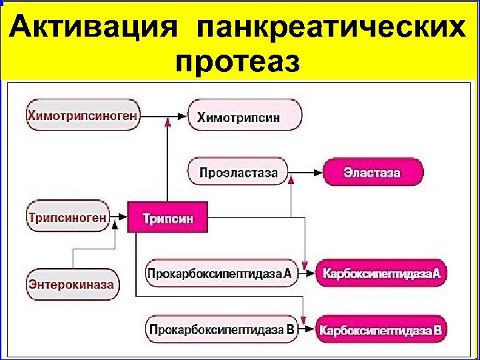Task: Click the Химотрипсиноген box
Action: point(83,116)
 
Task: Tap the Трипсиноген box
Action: point(67,217)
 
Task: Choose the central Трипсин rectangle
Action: point(167,217)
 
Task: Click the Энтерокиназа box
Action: point(71,285)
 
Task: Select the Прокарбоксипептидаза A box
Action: point(221,273)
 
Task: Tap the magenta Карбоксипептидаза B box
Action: point(381,329)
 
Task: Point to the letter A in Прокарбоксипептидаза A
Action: point(287,273)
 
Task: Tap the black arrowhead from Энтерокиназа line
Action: point(115,225)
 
